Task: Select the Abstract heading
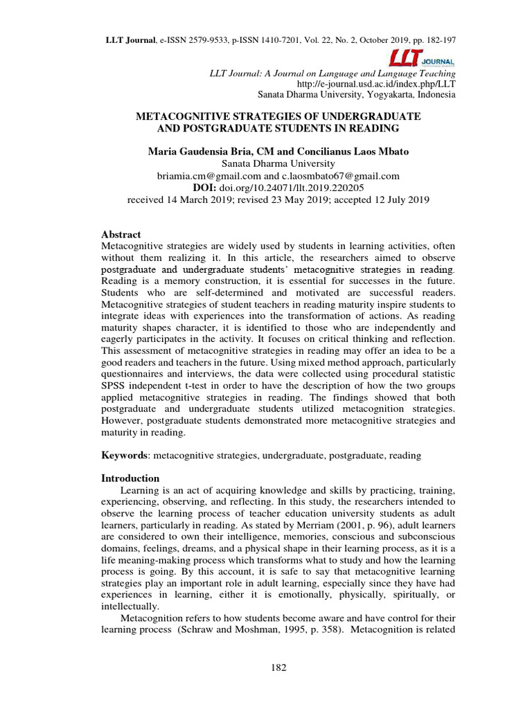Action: pos(121,235)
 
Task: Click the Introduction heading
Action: pos(130,478)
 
